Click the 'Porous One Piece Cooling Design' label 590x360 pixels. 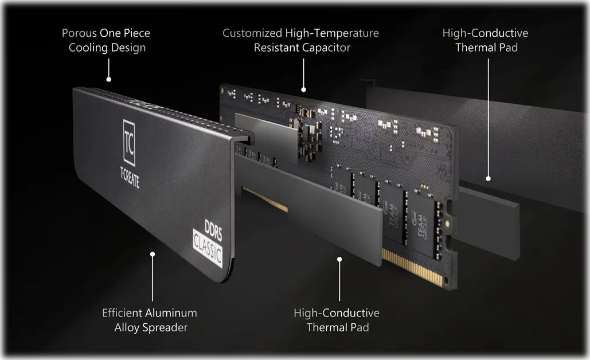[x=106, y=40]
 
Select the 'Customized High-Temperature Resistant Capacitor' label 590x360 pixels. [x=300, y=40]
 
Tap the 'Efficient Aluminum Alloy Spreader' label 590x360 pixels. [x=150, y=320]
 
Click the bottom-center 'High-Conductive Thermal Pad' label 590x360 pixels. [x=337, y=320]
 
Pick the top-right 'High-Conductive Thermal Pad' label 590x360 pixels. [x=486, y=40]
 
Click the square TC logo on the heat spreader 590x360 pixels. [x=129, y=143]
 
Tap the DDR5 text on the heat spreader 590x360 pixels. [x=213, y=230]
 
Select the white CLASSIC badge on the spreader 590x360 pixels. [x=208, y=248]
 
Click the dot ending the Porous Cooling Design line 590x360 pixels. [x=109, y=79]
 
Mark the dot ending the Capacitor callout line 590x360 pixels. [x=304, y=89]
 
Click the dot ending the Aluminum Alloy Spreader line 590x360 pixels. [x=153, y=255]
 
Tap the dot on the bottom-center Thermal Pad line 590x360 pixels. [x=339, y=259]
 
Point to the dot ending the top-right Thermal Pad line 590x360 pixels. [x=489, y=179]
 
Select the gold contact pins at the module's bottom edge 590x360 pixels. [x=412, y=267]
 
